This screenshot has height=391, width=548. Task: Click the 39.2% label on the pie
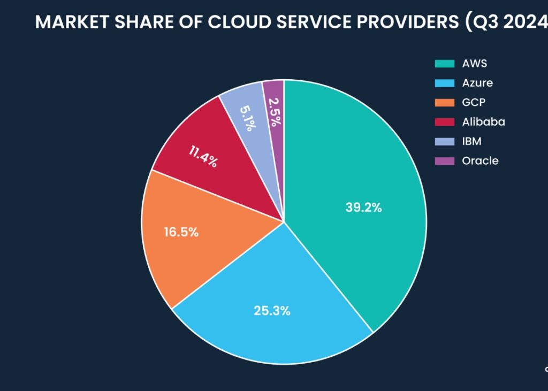coord(363,208)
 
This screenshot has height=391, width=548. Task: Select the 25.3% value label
coord(272,311)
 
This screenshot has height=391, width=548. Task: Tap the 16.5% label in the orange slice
coord(181,232)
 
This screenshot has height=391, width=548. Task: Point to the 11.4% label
coord(203,157)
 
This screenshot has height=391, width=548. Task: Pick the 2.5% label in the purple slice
coord(274,111)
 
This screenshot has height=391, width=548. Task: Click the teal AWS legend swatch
coord(444,64)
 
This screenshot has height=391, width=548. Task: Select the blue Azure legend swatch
coord(444,83)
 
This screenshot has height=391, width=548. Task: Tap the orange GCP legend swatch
coord(444,102)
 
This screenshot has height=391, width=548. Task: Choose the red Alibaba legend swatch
coord(444,122)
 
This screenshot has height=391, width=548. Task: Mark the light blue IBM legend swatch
coord(444,141)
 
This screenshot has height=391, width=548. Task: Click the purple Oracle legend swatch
coord(444,160)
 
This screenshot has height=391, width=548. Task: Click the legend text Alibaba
coord(483,122)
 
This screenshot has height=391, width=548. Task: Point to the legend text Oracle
coord(480,160)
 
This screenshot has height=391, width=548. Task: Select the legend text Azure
coord(477,83)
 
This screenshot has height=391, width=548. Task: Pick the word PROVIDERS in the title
coord(409,22)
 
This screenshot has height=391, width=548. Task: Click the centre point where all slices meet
coord(284,221)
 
